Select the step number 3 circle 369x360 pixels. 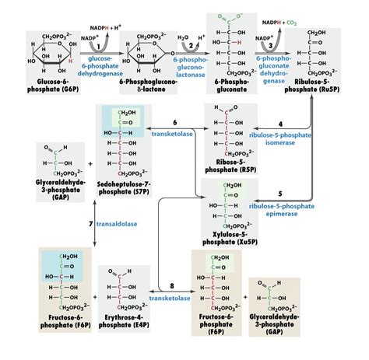[x=269, y=45]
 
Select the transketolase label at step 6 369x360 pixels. [x=171, y=133]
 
